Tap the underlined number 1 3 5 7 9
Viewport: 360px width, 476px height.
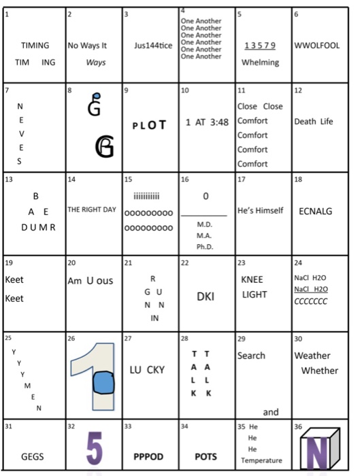click(x=260, y=46)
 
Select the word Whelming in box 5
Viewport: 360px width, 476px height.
click(x=260, y=63)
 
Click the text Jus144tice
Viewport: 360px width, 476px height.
click(x=151, y=46)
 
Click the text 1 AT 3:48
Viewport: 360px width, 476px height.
click(x=207, y=122)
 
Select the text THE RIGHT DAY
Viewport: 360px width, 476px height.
click(x=92, y=209)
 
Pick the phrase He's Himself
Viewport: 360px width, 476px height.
click(x=261, y=210)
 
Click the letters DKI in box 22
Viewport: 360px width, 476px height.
click(x=206, y=297)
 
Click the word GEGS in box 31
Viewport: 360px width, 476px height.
click(x=33, y=457)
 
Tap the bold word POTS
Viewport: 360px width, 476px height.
click(x=206, y=457)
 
